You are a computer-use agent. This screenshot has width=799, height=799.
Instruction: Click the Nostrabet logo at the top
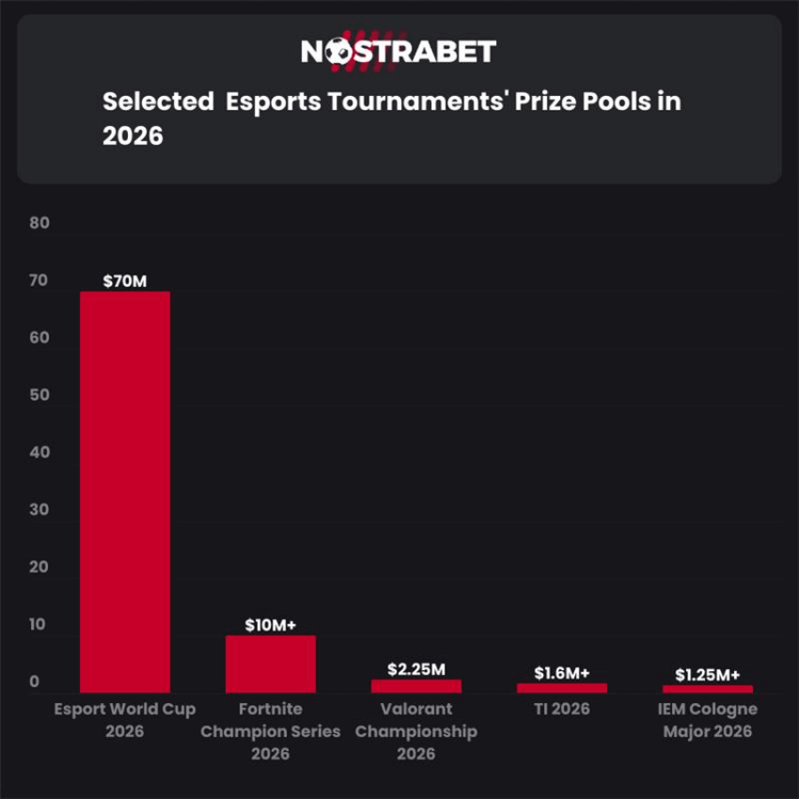[399, 51]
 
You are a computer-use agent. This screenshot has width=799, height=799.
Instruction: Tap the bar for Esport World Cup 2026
[125, 492]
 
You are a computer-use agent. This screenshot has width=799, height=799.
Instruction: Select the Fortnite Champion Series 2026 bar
[271, 664]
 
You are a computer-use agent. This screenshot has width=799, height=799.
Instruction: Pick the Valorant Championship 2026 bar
[416, 686]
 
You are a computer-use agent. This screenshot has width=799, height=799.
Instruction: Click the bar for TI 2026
[562, 688]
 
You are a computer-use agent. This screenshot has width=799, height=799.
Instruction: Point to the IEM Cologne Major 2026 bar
[708, 689]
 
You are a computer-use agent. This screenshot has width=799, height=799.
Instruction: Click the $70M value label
[125, 280]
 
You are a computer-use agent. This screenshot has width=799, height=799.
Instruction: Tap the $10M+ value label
[271, 625]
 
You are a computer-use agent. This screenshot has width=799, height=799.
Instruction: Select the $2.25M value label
[415, 669]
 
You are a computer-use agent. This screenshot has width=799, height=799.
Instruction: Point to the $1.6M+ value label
[562, 673]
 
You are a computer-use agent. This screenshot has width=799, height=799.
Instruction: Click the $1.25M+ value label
[708, 675]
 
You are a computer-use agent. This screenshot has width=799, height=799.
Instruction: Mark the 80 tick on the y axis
[39, 224]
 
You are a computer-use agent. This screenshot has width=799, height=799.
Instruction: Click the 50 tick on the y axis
[39, 396]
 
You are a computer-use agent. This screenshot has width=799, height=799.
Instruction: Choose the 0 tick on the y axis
[34, 682]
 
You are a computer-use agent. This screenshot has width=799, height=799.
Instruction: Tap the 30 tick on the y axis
[39, 510]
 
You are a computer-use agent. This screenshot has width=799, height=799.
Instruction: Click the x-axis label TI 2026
[562, 709]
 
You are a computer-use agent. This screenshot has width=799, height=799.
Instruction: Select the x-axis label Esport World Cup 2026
[125, 719]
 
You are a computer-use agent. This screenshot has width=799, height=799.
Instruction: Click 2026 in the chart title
[133, 136]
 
